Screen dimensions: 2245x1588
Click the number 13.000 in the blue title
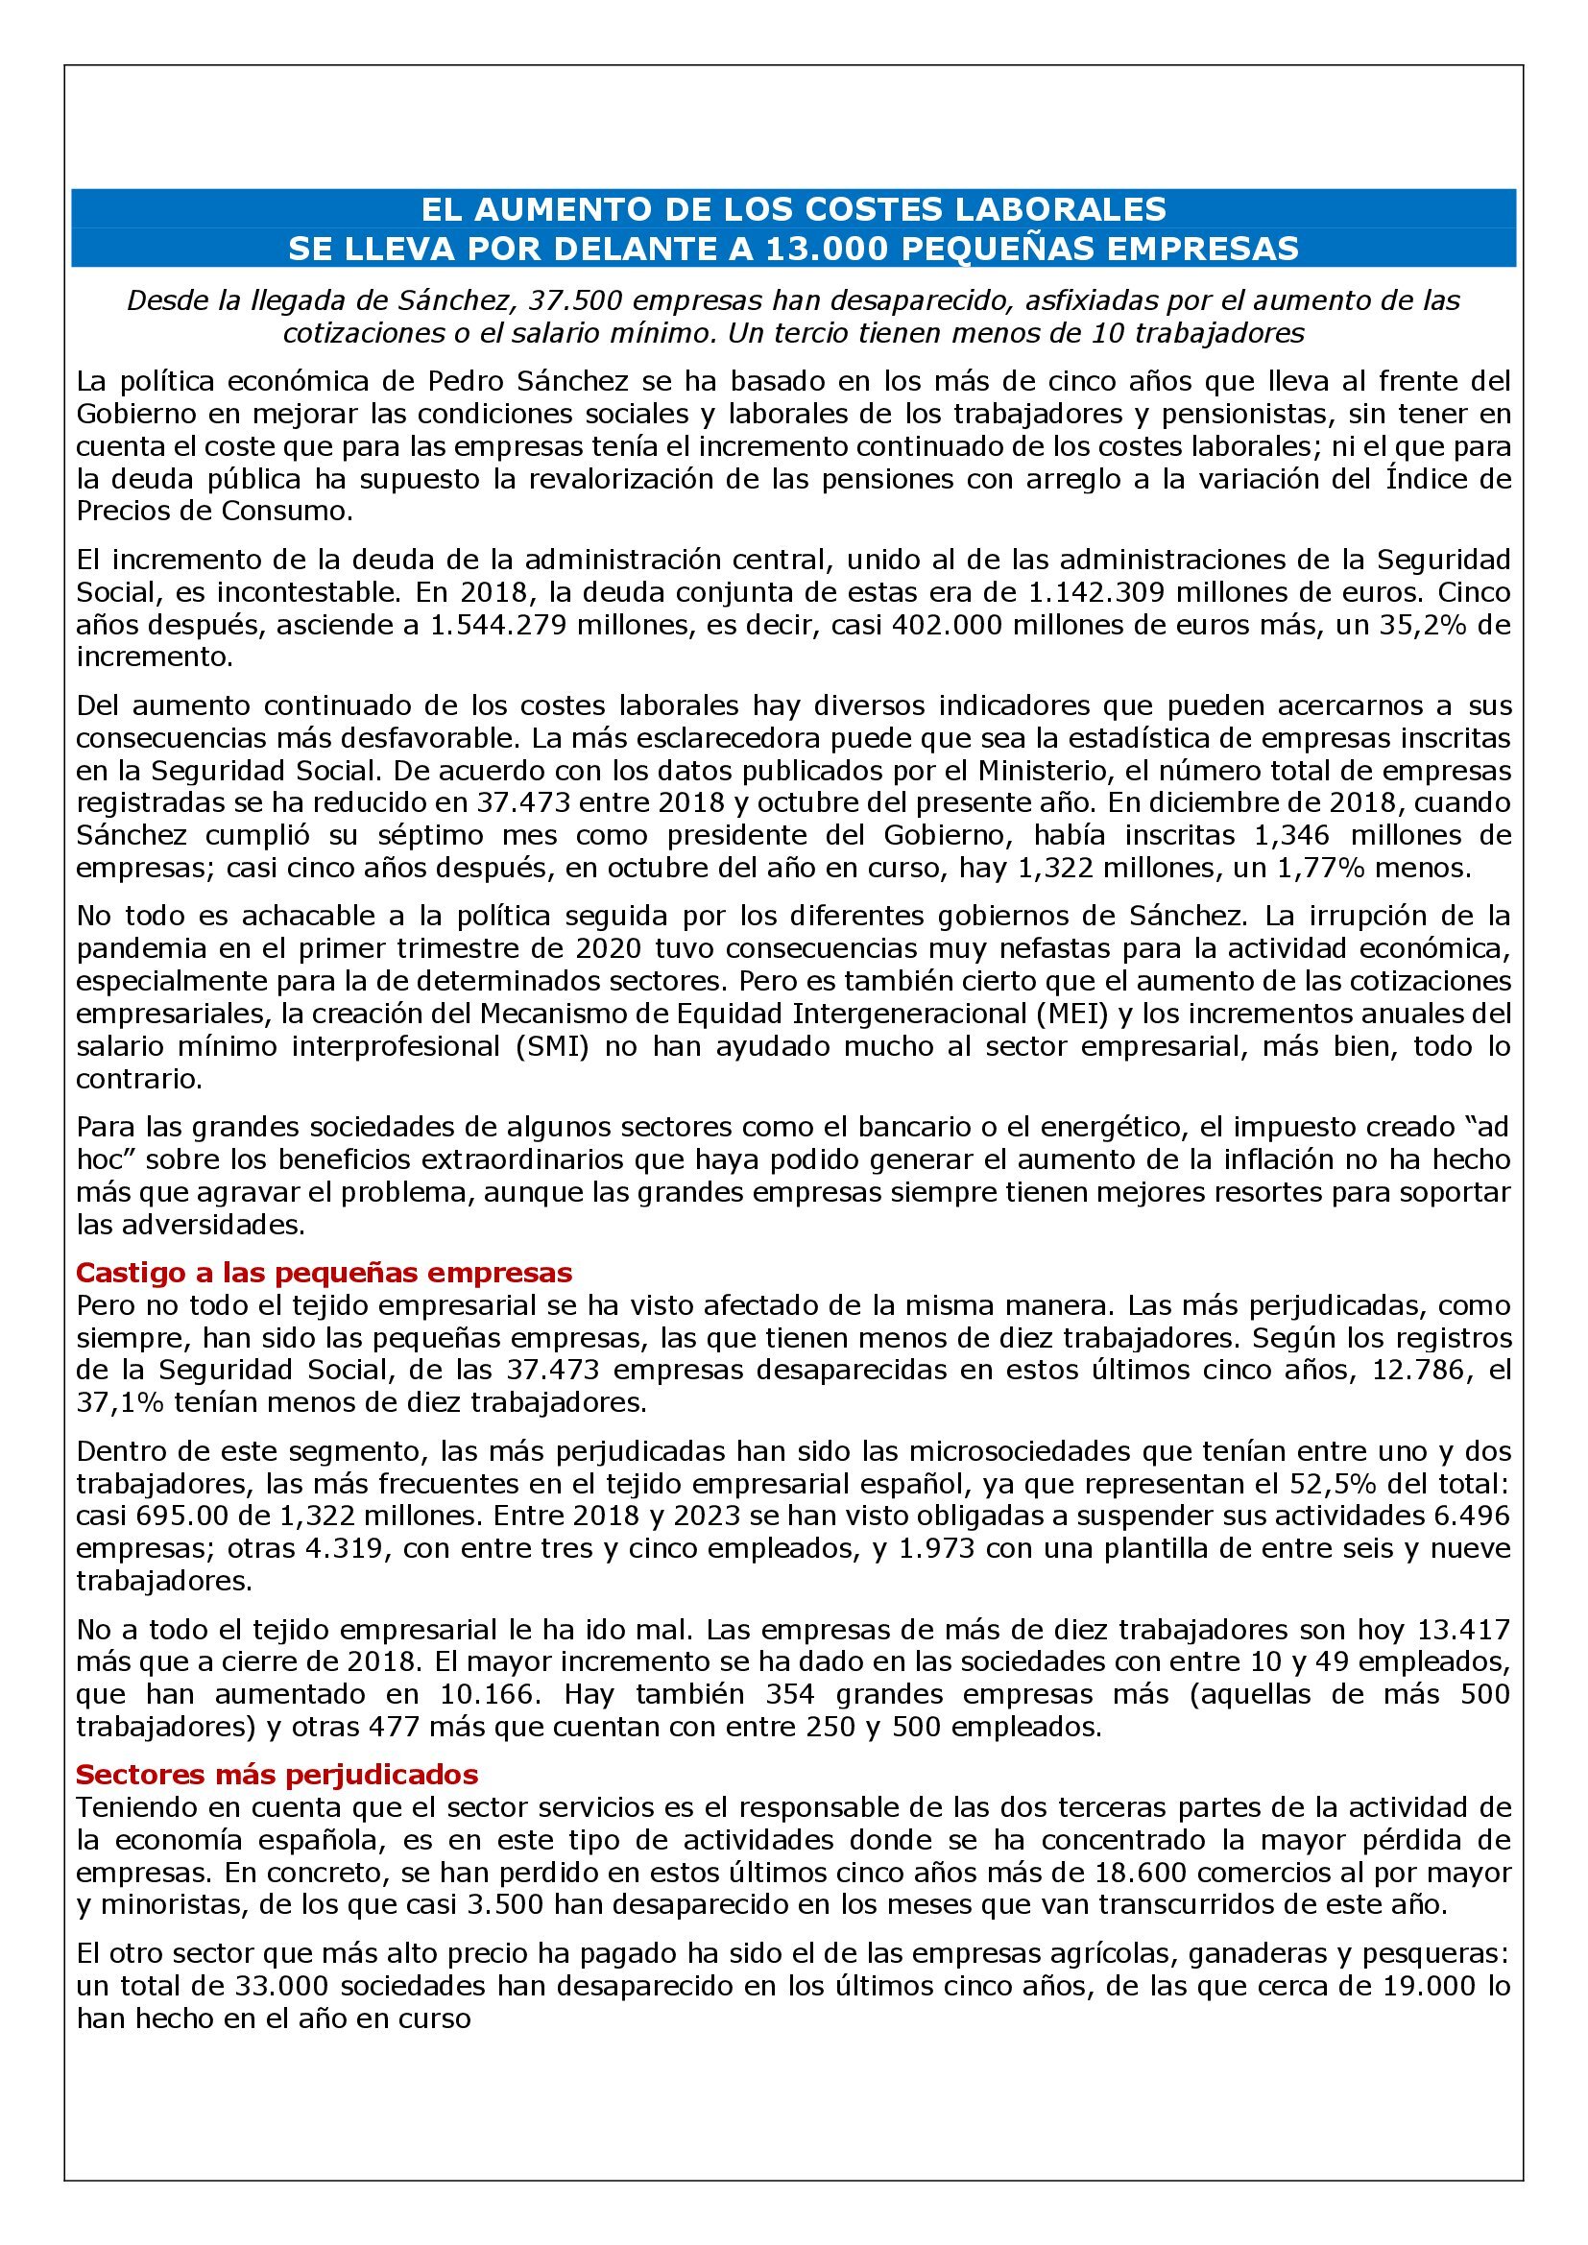(x=828, y=249)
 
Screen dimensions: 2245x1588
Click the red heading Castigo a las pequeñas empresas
(x=324, y=1272)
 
